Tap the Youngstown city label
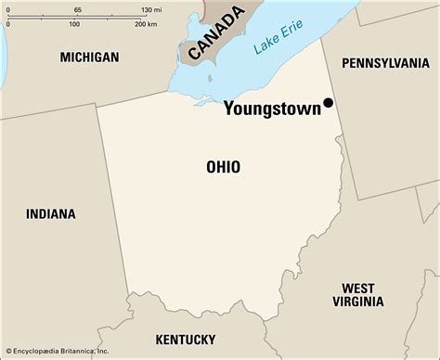271,108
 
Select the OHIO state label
223,167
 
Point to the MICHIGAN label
89,58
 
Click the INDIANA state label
51,213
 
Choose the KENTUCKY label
186,339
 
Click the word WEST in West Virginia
358,288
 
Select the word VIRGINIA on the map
357,302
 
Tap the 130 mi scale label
151,8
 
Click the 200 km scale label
147,24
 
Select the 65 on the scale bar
77,8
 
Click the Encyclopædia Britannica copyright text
56,353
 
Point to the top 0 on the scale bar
7,8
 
